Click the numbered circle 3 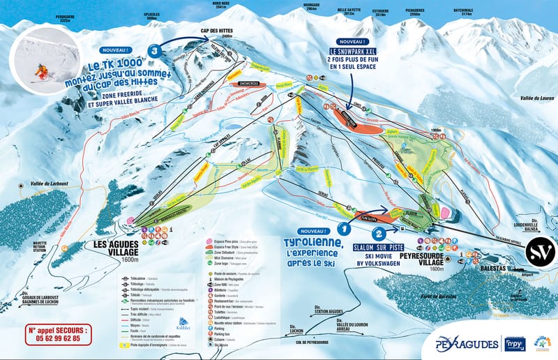[153, 50]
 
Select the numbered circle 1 [343, 227]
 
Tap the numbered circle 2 [378, 235]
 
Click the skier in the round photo [43, 70]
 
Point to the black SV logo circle [540, 249]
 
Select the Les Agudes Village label [115, 249]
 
